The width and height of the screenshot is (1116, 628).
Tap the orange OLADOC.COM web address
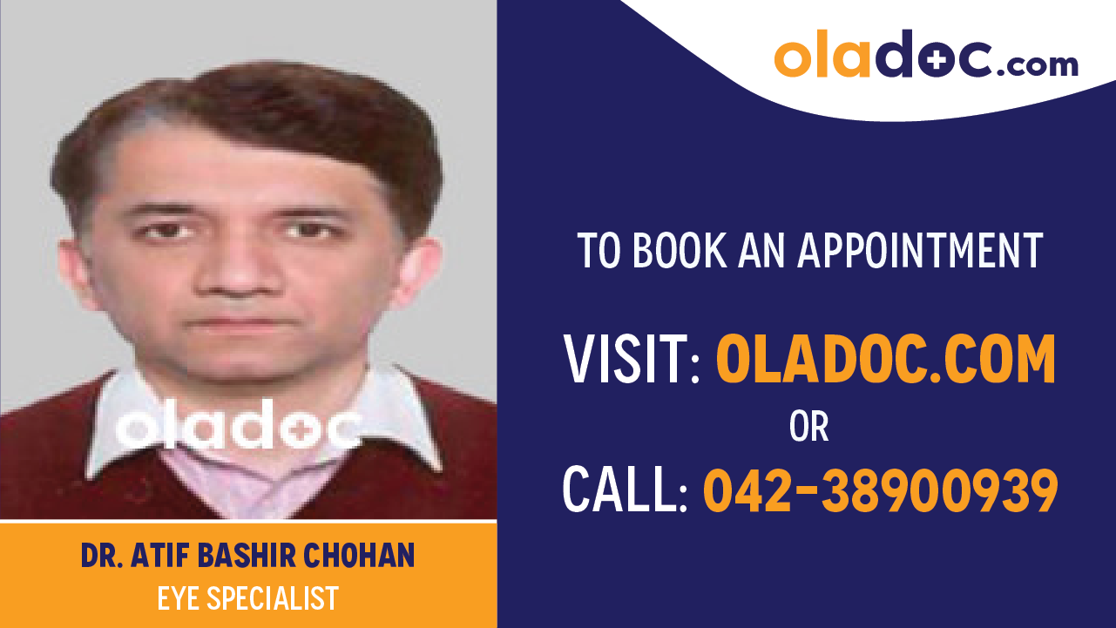coord(885,359)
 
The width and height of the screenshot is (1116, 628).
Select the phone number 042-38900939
coord(880,490)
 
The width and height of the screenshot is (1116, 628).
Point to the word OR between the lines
coord(808,427)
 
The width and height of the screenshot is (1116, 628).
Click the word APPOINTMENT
coord(920,251)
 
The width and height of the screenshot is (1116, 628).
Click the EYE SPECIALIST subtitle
coord(247,598)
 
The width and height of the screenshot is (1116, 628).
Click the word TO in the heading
coord(599,251)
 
